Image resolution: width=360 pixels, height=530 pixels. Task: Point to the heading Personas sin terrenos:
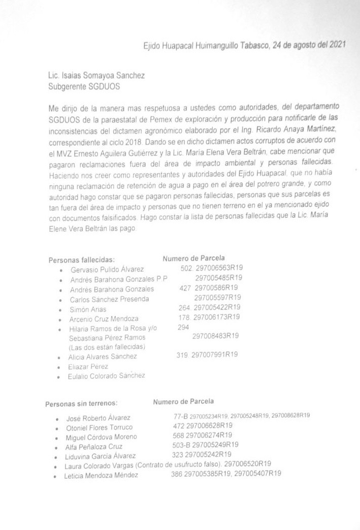click(x=81, y=404)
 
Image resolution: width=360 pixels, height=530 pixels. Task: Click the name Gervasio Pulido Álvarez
click(x=107, y=269)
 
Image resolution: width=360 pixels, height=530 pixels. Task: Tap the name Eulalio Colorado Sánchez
click(x=107, y=376)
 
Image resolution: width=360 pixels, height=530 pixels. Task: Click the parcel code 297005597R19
click(x=217, y=297)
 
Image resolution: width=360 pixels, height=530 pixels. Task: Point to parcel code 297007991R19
click(x=215, y=355)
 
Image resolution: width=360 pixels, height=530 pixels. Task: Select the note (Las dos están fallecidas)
click(x=107, y=347)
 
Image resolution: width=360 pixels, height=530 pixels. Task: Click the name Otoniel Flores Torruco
click(x=100, y=427)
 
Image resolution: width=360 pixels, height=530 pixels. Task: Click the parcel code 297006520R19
click(x=248, y=463)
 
